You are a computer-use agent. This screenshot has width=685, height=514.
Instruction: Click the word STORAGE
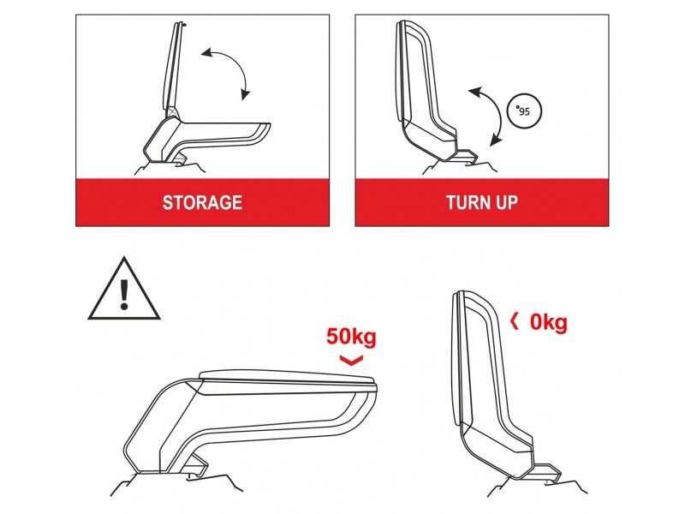[202, 203]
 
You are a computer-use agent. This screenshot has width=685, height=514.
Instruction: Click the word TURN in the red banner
[465, 203]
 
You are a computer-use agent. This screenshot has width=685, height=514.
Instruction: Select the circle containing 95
[524, 111]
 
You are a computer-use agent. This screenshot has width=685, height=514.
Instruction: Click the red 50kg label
[351, 337]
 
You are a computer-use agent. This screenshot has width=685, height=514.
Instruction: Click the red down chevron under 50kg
[351, 360]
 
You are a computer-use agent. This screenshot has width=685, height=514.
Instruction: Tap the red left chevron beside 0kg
[515, 322]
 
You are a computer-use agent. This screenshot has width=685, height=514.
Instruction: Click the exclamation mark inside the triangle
[124, 295]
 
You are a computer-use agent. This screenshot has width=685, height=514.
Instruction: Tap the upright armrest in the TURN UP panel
[426, 87]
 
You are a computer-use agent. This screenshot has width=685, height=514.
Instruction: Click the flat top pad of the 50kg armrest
[287, 378]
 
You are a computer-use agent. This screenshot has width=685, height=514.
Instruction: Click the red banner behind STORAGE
[202, 202]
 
